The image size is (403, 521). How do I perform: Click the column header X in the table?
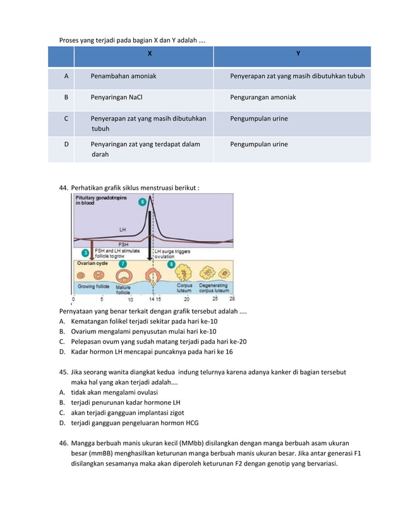[x=149, y=54]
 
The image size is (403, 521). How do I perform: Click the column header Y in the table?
[x=298, y=54]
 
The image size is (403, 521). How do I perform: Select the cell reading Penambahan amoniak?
[x=123, y=76]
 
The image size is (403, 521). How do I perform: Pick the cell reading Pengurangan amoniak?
[x=263, y=98]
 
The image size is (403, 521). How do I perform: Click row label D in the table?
[x=66, y=144]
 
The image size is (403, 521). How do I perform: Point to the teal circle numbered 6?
[x=142, y=202]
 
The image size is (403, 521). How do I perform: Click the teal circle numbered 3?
[x=86, y=252]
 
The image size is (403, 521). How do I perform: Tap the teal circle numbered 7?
[x=122, y=264]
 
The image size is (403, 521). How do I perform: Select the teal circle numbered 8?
[x=171, y=264]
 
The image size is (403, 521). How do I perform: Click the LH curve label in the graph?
[x=123, y=229]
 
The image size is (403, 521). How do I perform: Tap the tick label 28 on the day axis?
[x=232, y=299]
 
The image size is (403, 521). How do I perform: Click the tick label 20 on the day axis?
[x=186, y=299]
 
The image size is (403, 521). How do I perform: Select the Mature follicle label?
[x=123, y=290]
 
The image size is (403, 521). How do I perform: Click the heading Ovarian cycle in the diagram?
[x=93, y=263]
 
